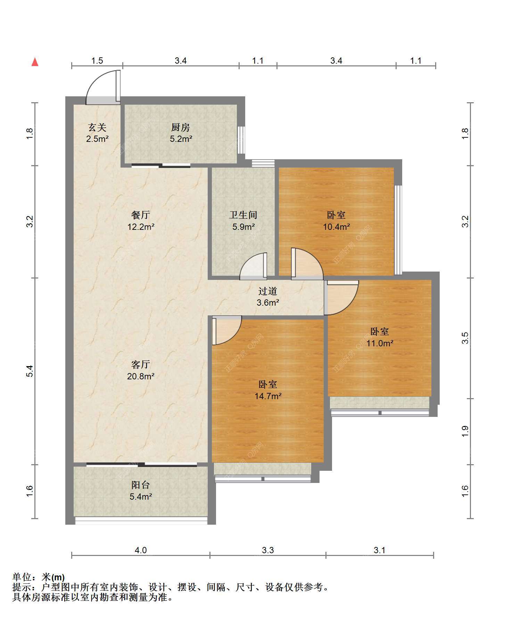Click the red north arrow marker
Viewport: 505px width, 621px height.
click(35, 62)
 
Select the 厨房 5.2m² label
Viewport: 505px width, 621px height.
click(181, 133)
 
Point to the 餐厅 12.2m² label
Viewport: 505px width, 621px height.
click(141, 221)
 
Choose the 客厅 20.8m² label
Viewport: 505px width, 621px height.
click(141, 370)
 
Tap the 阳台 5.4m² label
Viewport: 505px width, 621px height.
click(141, 490)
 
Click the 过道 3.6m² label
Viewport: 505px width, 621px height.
click(268, 297)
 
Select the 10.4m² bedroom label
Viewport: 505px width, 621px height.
click(336, 221)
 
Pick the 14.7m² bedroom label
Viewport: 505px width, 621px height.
click(268, 390)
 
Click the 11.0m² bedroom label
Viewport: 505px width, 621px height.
click(380, 337)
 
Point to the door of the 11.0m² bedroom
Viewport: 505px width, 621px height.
click(342, 298)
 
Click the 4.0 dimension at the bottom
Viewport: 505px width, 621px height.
click(141, 550)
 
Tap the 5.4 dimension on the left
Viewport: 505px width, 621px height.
click(30, 371)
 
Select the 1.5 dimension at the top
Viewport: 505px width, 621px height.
click(97, 61)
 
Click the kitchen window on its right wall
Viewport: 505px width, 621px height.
click(241, 140)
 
